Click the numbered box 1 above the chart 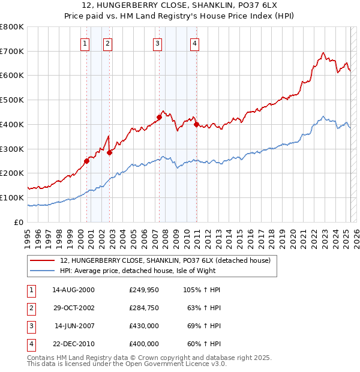click(85, 43)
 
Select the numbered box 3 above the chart click(157, 43)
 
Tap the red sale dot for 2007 click(160, 117)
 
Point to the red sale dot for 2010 click(196, 124)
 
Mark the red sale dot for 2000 click(87, 161)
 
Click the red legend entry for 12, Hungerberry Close click(165, 260)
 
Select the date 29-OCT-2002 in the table click(73, 307)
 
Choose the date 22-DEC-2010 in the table click(73, 344)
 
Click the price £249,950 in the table click(144, 289)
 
